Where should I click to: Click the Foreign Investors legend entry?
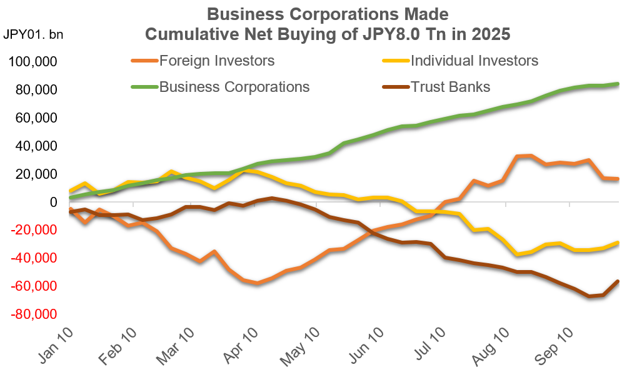(216, 61)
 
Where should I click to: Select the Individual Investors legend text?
(474, 61)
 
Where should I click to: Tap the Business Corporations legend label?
(234, 86)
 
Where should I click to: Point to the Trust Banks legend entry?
(450, 86)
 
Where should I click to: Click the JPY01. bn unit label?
(34, 33)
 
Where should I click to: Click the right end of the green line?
(618, 84)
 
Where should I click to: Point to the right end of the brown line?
(618, 281)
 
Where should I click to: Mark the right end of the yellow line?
(618, 243)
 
